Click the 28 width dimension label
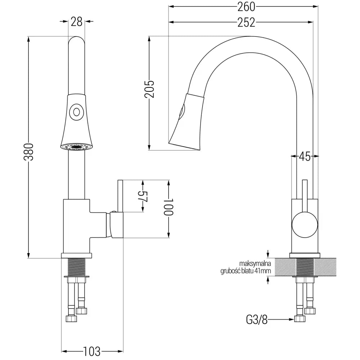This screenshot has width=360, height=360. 76,22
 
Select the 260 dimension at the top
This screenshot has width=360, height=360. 246,6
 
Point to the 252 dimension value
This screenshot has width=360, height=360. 246,22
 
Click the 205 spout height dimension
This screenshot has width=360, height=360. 149,89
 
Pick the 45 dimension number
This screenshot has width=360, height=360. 305,156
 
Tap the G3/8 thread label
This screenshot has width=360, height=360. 256,319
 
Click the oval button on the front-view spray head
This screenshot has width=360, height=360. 76,111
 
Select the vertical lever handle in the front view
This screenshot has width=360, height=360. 120,196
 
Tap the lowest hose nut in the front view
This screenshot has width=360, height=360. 71,319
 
